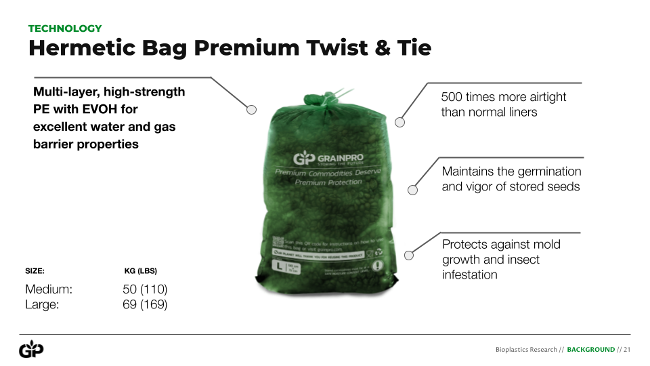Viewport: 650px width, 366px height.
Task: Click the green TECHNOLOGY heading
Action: pos(65,28)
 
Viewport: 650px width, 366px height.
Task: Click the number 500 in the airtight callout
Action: pos(452,97)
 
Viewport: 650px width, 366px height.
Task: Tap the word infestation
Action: pos(470,274)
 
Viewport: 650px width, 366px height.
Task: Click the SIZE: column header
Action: pos(35,270)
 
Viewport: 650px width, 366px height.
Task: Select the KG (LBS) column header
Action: pos(141,270)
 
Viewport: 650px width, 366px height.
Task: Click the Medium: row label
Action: pos(49,289)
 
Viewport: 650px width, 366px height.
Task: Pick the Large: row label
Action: pos(42,305)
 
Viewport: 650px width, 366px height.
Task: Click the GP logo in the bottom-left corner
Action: pos(31,350)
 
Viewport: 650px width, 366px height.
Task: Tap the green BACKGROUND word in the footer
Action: pos(590,350)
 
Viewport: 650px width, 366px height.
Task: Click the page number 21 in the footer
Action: pos(627,350)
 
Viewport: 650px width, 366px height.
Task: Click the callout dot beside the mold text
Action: pos(408,256)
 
